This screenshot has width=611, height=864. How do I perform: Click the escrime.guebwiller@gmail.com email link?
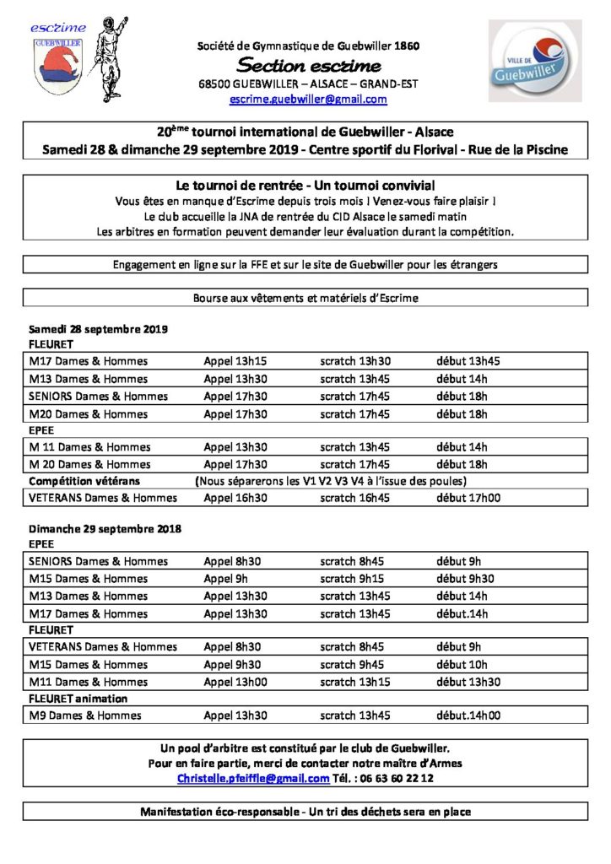[x=308, y=99]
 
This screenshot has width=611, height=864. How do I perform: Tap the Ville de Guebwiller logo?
[x=534, y=62]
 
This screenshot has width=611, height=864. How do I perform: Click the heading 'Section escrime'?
[x=308, y=65]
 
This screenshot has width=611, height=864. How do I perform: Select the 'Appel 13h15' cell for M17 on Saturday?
[x=235, y=361]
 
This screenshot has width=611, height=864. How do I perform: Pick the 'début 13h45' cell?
[x=468, y=361]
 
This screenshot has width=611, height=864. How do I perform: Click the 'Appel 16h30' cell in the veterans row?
[x=235, y=498]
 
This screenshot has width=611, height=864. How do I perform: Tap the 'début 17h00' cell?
[x=468, y=498]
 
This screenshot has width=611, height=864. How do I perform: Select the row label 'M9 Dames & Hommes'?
[x=85, y=715]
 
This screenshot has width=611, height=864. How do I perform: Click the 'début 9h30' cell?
[x=465, y=579]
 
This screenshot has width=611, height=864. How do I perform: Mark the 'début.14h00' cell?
[x=468, y=715]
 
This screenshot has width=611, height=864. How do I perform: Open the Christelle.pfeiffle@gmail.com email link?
[x=259, y=779]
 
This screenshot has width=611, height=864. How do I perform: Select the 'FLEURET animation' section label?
[x=78, y=699]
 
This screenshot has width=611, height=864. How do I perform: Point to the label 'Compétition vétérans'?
[x=89, y=481]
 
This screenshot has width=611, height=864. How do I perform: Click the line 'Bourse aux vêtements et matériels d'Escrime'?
[x=305, y=298]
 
